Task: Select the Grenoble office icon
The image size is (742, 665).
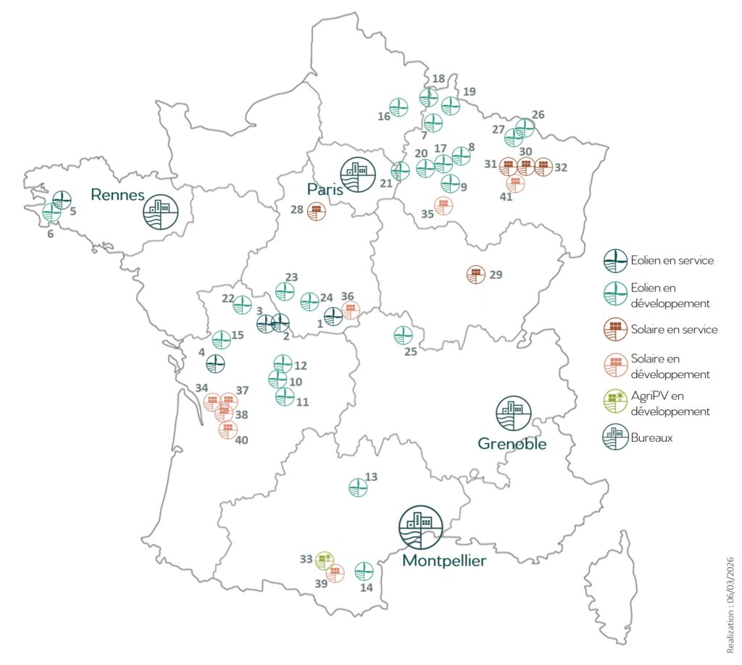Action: pyautogui.click(x=513, y=414)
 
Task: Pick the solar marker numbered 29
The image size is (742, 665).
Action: pyautogui.click(x=475, y=275)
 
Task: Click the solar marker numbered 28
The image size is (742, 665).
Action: pyautogui.click(x=317, y=212)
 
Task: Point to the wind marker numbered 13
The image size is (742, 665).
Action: pyautogui.click(x=358, y=488)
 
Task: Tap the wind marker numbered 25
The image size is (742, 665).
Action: pyautogui.click(x=403, y=335)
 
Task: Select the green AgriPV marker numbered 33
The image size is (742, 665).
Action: pyautogui.click(x=325, y=559)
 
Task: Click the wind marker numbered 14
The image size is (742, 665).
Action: pyautogui.click(x=364, y=571)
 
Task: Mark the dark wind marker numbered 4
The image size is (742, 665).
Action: pyautogui.click(x=214, y=363)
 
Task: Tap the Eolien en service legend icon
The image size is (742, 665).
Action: pyautogui.click(x=615, y=259)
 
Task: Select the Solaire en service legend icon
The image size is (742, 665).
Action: pyautogui.click(x=615, y=329)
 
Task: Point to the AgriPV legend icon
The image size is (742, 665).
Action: pyautogui.click(x=615, y=399)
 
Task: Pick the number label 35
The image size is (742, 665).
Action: pyautogui.click(x=427, y=214)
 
